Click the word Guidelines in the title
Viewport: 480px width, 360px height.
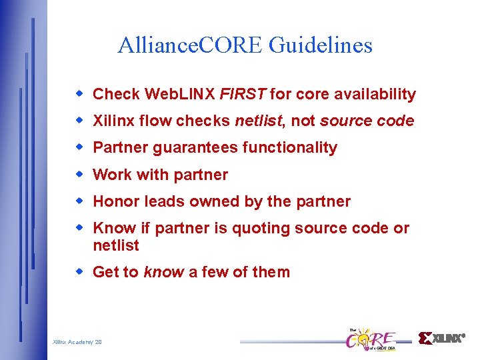click(x=321, y=45)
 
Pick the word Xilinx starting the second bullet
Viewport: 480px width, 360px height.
click(x=113, y=121)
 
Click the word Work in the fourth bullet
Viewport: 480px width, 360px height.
click(x=112, y=175)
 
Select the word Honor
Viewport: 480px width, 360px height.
click(x=114, y=201)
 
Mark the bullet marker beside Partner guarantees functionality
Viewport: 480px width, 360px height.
click(x=79, y=147)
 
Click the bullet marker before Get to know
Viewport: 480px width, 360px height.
click(x=79, y=271)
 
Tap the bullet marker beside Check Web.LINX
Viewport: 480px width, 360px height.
click(x=79, y=94)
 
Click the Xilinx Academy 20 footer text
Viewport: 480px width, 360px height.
click(x=77, y=342)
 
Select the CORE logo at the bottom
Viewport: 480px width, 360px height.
click(x=371, y=339)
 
